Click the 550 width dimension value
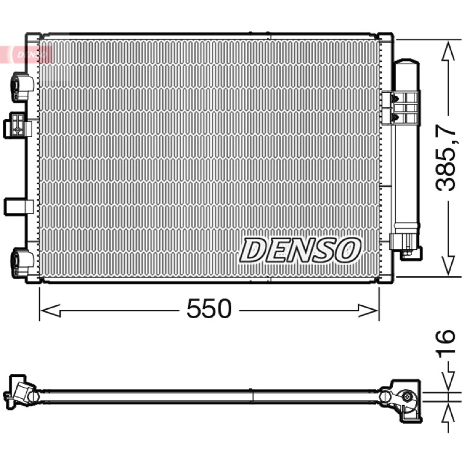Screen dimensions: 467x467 tap(209, 309)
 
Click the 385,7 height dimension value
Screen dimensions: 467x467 tap(445, 158)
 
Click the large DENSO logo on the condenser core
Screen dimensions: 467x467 tap(300, 250)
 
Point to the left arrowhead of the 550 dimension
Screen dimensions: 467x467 tap(51, 311)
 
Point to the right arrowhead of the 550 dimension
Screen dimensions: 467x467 tap(368, 311)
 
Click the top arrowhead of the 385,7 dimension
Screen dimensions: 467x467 tap(448, 51)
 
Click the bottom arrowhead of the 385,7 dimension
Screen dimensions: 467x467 tap(448, 266)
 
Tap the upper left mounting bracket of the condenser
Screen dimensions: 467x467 tap(22, 87)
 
